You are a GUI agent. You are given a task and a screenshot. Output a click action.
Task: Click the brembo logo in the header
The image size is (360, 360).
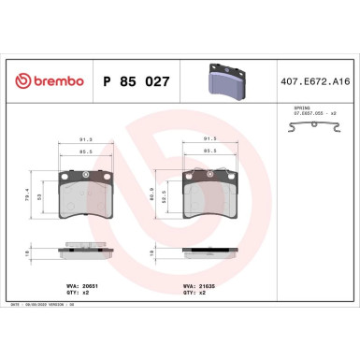pyautogui.click(x=46, y=82)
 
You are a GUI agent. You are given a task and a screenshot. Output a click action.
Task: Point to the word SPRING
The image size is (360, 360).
pyautogui.click(x=288, y=108)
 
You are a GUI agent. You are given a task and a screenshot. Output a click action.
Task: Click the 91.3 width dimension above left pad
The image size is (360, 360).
pyautogui.click(x=87, y=139)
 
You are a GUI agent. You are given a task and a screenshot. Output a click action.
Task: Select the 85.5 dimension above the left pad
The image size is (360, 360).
pyautogui.click(x=87, y=151)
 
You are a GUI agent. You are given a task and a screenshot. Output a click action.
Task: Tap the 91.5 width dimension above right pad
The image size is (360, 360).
pyautogui.click(x=209, y=139)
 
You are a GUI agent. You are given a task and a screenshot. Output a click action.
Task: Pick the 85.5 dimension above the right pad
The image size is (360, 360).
pyautogui.click(x=209, y=151)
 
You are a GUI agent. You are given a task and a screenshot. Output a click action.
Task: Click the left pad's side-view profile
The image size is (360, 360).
pyautogui.click(x=87, y=251)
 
